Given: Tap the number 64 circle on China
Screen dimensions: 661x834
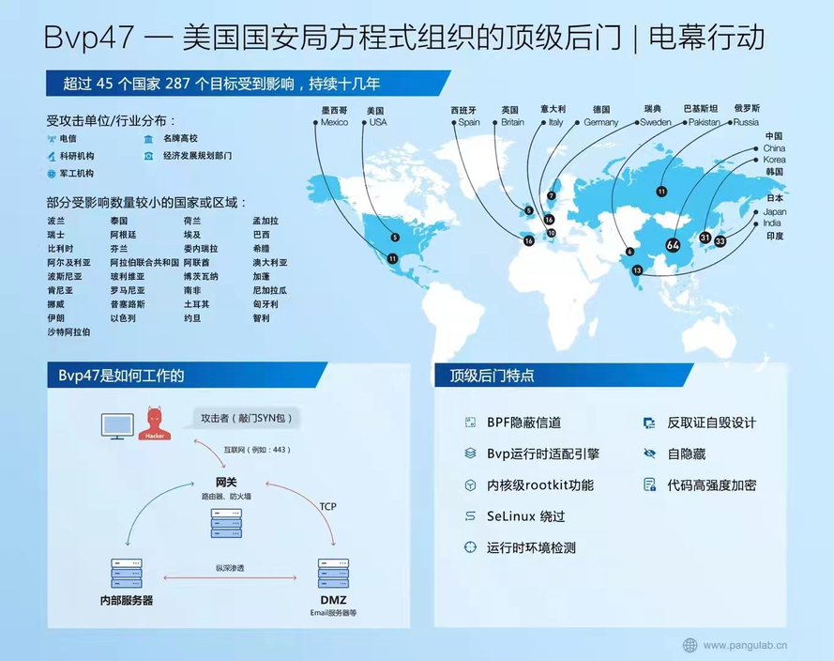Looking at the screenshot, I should tap(673, 244).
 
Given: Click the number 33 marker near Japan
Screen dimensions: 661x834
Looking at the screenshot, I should tap(720, 240).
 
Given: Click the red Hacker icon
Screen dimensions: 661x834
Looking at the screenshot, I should tap(154, 423).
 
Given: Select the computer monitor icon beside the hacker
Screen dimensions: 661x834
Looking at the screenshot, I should tap(117, 426).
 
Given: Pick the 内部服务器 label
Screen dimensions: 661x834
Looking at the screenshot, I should tap(126, 600).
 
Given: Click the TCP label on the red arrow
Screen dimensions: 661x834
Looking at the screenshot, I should tap(327, 507).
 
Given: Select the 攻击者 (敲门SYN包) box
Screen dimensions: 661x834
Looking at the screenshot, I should tap(250, 418).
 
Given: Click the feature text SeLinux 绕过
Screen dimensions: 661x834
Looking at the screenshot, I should tap(525, 516).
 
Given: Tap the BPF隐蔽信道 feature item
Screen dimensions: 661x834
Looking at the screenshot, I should tap(523, 423).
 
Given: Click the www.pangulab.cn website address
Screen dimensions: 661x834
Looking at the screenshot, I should tap(745, 645).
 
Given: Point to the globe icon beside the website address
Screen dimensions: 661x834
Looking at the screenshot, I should tap(690, 645).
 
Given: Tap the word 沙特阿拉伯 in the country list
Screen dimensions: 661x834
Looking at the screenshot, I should tap(68, 332).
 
